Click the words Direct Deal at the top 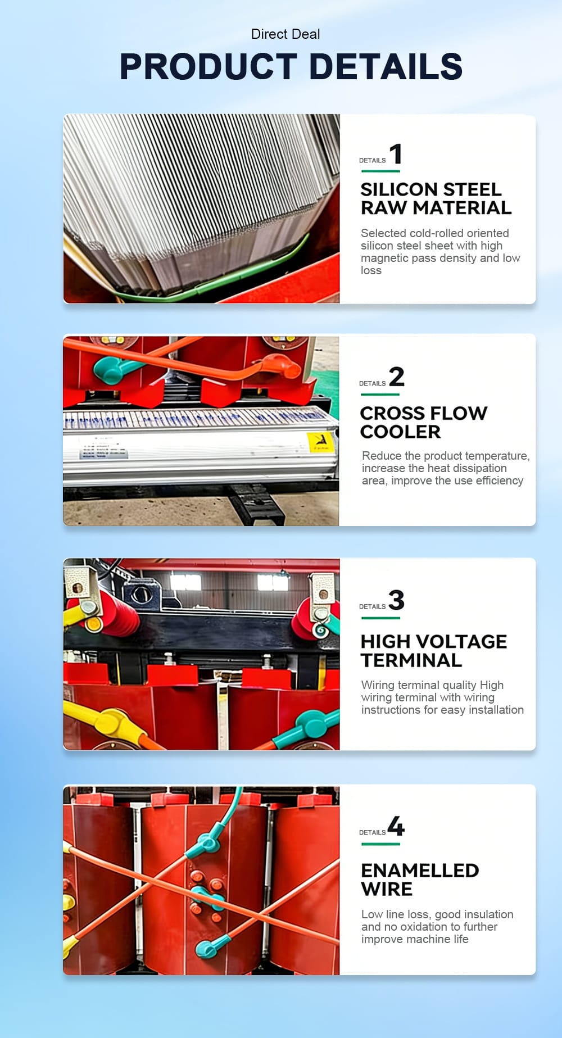pos(285,34)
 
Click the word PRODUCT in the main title pos(209,66)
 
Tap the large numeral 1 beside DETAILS pos(396,154)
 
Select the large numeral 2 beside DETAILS pos(397,377)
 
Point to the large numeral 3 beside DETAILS pos(397,600)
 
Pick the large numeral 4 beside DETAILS pos(396,826)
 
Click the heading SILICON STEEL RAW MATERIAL pos(436,198)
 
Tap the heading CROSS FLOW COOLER pos(424,422)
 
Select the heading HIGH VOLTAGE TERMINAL pos(434,651)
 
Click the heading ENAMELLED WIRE pos(420,880)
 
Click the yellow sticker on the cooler pos(320,442)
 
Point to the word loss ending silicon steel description pos(371,270)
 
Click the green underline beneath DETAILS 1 pos(380,171)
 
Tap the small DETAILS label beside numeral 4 pos(372,832)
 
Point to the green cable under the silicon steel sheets pos(214,275)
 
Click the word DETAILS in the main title pos(386,66)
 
